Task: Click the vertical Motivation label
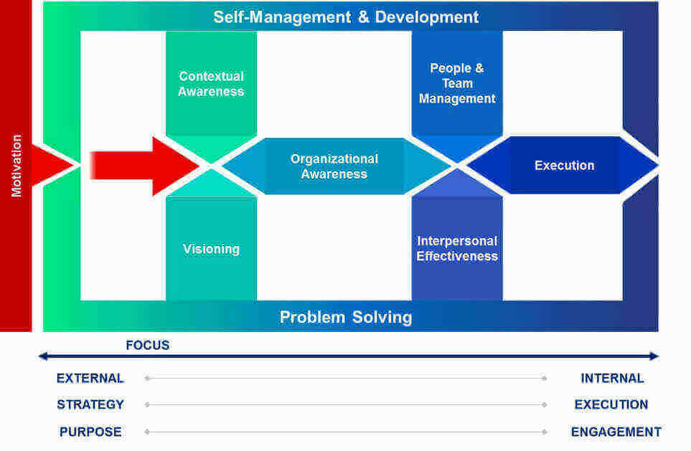17,166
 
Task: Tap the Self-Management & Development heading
346,17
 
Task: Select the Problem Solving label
346,317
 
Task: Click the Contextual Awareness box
211,84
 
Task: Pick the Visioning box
211,249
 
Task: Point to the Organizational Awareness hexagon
334,166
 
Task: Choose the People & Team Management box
457,83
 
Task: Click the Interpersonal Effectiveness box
457,249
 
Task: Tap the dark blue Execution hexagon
563,165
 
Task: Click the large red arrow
146,166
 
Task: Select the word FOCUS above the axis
148,345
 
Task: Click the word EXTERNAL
90,379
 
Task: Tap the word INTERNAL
612,379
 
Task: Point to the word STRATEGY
90,404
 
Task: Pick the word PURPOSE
90,432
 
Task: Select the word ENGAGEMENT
616,432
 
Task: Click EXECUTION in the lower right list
611,404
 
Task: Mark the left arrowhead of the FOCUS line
43,356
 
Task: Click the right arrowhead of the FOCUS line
654,356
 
